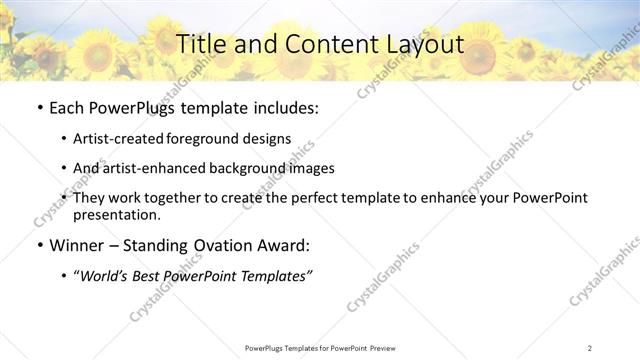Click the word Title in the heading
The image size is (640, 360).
(200, 44)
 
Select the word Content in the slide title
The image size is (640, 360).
(320, 44)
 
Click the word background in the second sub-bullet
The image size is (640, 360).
(244, 168)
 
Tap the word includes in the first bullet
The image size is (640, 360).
(285, 106)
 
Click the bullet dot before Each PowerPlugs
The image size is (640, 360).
(39, 106)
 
